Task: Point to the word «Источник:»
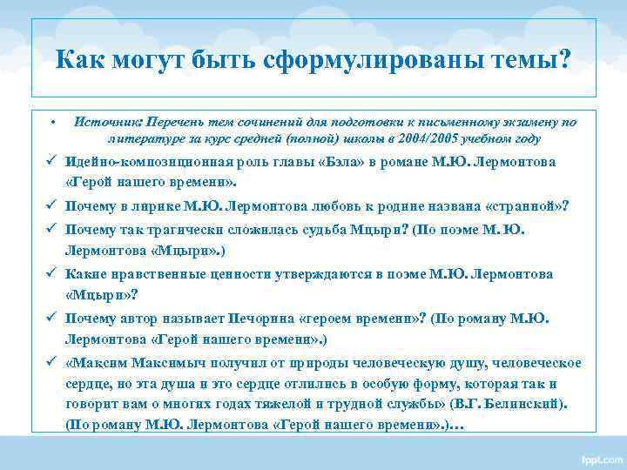pyautogui.click(x=110, y=123)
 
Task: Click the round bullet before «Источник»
pyautogui.click(x=53, y=123)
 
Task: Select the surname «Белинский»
pyautogui.click(x=531, y=404)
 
